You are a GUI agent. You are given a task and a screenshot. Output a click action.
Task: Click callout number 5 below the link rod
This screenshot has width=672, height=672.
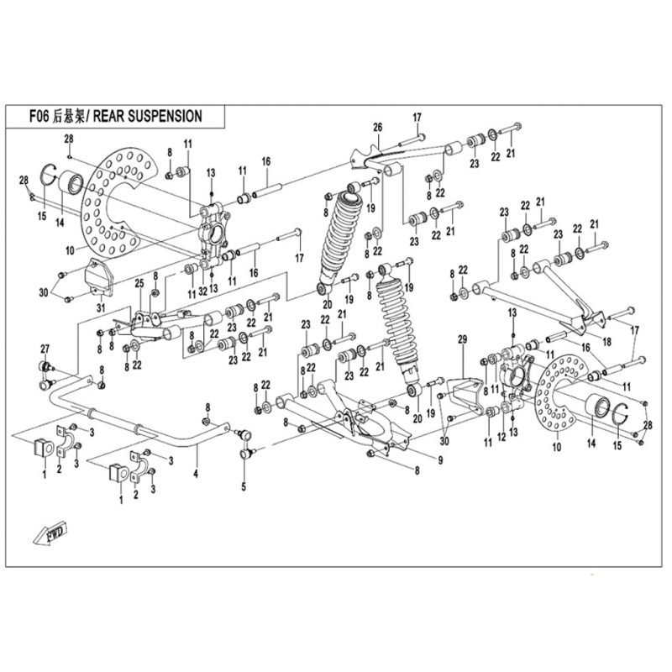(x=244, y=486)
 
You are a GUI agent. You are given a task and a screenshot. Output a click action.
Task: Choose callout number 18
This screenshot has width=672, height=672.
(x=606, y=342)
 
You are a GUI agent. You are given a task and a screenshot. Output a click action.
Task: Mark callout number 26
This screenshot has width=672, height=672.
(x=378, y=127)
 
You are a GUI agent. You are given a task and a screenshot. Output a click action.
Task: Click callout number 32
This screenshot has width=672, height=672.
(x=202, y=291)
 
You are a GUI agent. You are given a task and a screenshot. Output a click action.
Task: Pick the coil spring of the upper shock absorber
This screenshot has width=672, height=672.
(x=344, y=239)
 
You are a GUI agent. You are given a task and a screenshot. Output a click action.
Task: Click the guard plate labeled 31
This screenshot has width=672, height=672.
(x=99, y=277)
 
